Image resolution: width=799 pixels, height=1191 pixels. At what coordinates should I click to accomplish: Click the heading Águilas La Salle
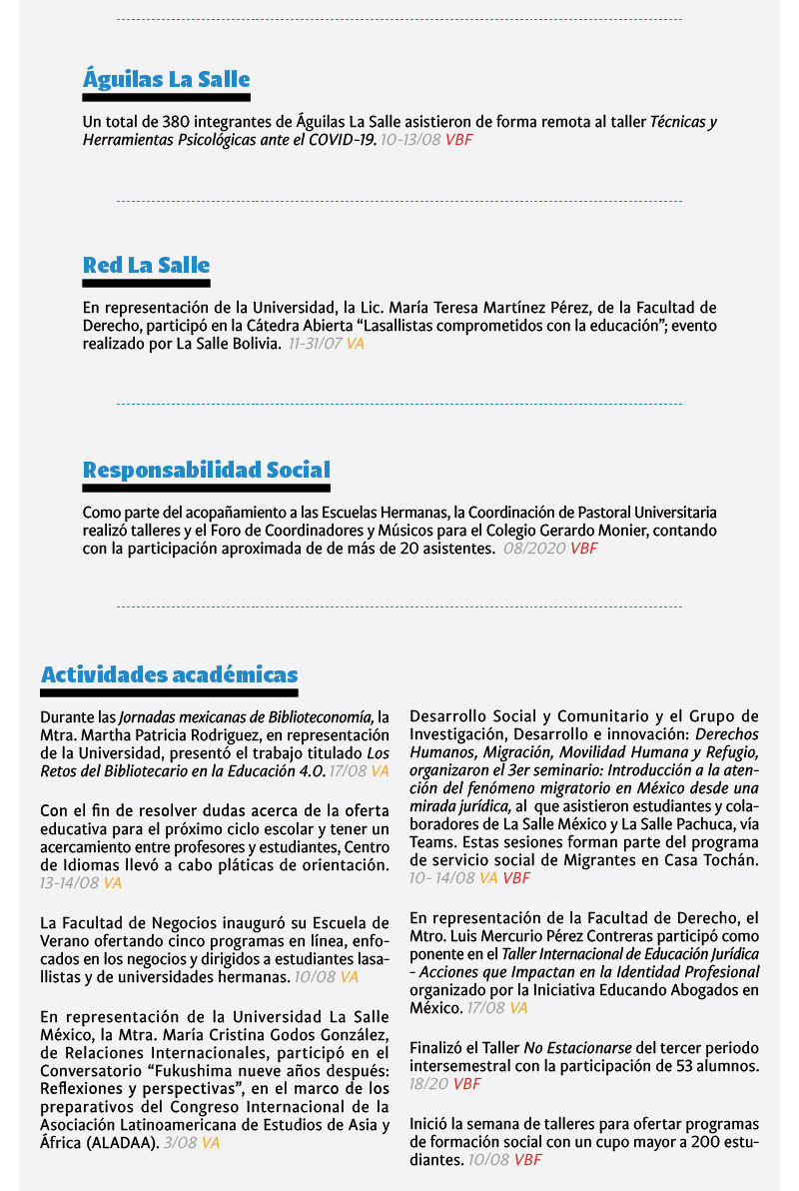(166, 79)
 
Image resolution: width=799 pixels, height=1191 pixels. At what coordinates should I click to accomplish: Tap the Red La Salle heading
(146, 265)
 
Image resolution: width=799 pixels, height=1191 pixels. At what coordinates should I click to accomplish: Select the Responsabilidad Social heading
(206, 470)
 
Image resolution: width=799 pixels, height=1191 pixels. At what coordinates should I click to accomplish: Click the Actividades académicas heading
(169, 674)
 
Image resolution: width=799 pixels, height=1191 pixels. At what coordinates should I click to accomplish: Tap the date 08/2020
(535, 549)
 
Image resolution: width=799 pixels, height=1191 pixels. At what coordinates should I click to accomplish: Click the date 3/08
(180, 1143)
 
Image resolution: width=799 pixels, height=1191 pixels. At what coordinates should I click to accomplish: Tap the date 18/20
(428, 1084)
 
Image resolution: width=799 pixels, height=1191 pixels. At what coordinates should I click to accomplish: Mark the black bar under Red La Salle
(146, 284)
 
